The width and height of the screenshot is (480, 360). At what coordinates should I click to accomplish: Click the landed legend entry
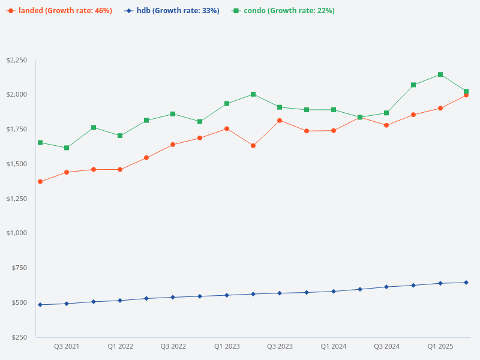pos(59,11)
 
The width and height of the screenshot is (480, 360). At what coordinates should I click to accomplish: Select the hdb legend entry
pos(172,11)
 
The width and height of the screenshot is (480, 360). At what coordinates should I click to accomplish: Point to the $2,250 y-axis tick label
pos(17,61)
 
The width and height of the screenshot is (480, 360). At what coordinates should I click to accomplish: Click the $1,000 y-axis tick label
pos(17,233)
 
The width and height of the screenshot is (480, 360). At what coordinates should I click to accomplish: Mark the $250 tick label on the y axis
pos(20,337)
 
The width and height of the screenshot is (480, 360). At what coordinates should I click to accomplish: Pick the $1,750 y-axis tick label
pos(17,130)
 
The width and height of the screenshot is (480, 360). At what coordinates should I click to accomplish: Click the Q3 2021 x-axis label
pos(67,347)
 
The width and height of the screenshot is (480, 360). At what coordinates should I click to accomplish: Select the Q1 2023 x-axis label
pos(227,347)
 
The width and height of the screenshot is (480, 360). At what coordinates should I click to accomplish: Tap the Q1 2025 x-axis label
pos(440,347)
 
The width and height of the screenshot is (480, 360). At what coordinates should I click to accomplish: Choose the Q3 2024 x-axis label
pos(387,347)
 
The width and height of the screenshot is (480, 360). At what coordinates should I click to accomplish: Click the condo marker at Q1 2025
pos(440,74)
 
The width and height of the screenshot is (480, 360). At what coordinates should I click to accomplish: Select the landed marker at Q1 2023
pos(227,128)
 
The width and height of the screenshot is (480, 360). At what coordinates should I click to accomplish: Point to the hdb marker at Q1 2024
pos(334,292)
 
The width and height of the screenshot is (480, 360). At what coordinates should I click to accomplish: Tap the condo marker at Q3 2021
pos(67,148)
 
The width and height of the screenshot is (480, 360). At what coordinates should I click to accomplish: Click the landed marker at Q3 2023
pos(280,121)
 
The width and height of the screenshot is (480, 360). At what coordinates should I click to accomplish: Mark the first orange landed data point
pos(40,182)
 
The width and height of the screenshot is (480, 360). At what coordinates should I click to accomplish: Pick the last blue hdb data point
pos(466,283)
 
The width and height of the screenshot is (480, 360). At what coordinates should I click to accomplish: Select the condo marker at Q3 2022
pos(173,114)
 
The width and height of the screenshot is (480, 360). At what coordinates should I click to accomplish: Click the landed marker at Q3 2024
pos(386,125)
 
